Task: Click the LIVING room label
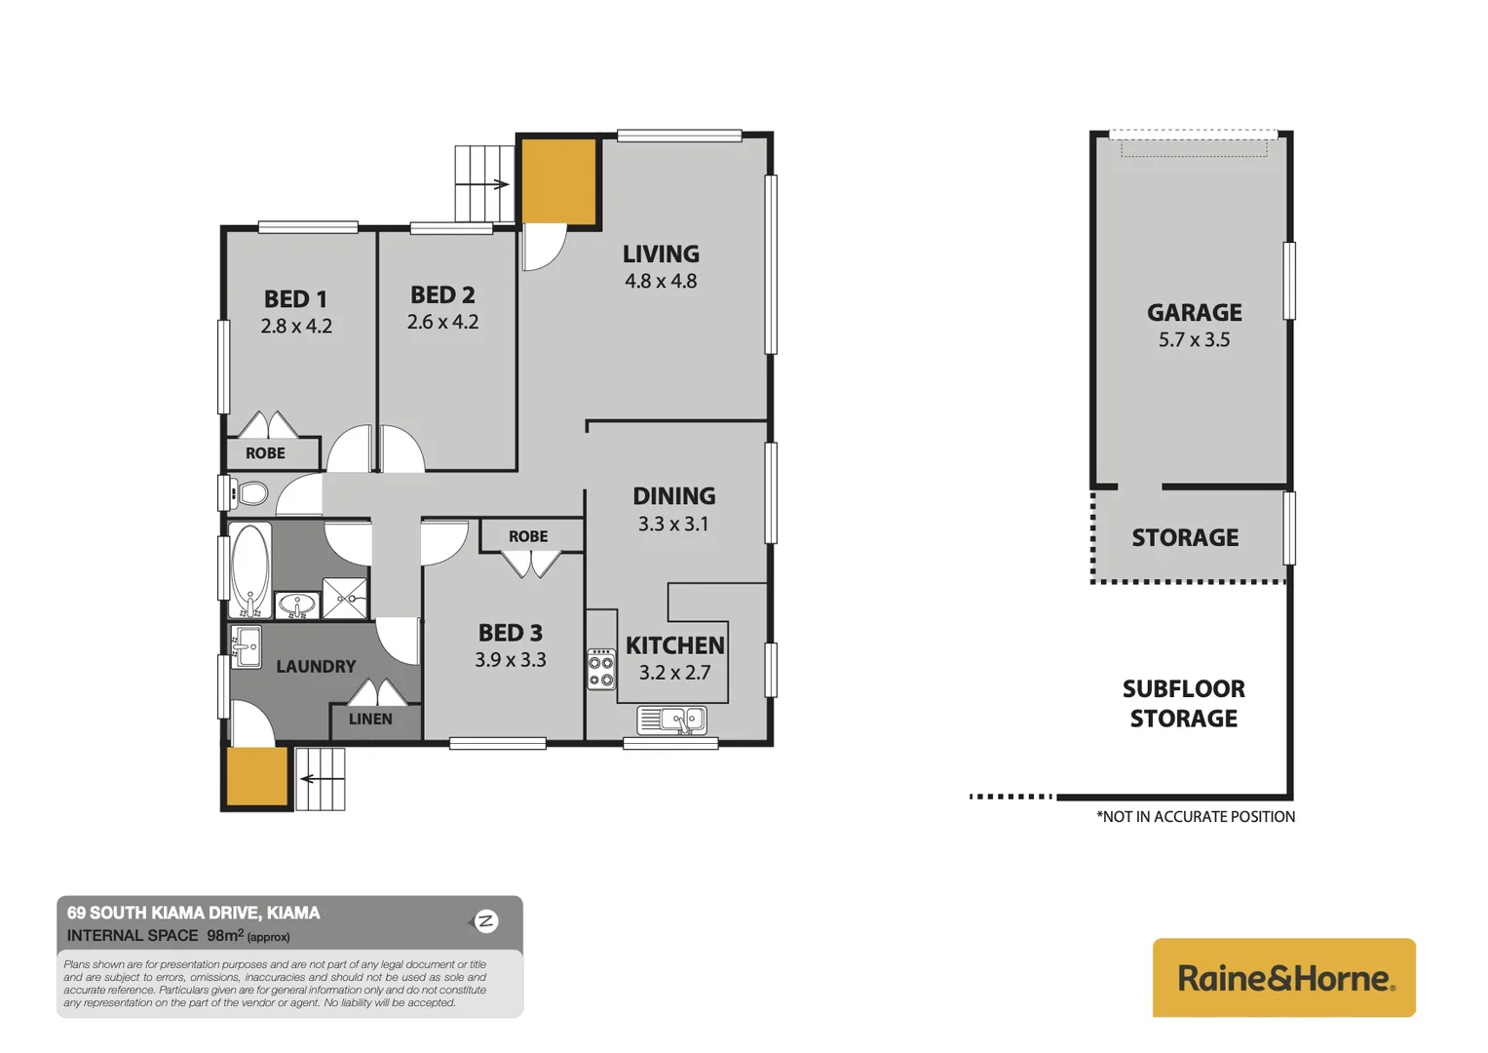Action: click(661, 254)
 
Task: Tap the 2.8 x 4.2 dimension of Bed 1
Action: click(296, 327)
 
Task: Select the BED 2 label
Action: click(442, 294)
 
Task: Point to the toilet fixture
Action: click(250, 493)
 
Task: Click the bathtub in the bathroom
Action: click(250, 570)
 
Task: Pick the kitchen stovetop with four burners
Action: click(601, 670)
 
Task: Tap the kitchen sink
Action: click(682, 721)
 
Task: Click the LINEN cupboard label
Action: click(370, 720)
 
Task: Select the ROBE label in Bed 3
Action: click(528, 536)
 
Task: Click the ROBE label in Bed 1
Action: click(265, 453)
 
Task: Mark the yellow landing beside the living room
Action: click(558, 181)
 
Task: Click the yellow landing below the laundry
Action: click(257, 776)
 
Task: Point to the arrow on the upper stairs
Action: click(500, 184)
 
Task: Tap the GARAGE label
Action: click(1194, 313)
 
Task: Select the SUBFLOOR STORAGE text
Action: click(1183, 704)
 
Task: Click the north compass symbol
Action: click(485, 921)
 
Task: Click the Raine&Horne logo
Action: click(1283, 978)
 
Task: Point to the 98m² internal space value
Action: click(223, 936)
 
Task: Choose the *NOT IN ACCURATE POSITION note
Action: click(1196, 817)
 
